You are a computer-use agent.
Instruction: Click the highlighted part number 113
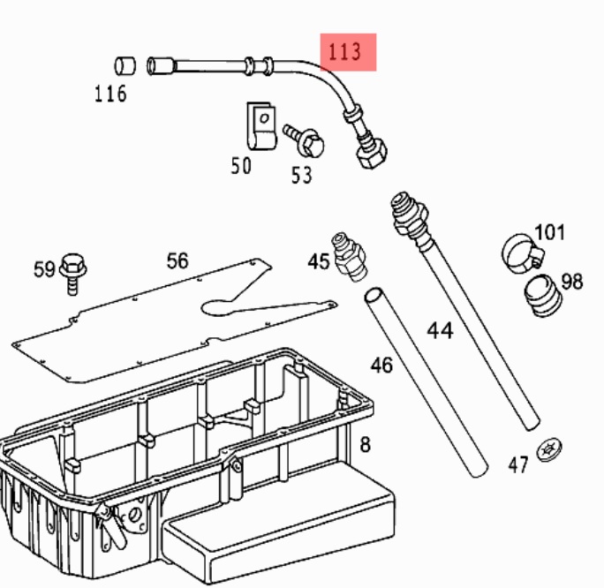click(x=345, y=52)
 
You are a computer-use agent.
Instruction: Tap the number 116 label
click(x=110, y=94)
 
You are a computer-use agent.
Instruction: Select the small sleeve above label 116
click(x=126, y=64)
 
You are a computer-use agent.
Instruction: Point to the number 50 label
click(x=241, y=165)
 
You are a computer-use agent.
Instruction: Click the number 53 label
click(x=302, y=175)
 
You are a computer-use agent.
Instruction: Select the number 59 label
click(x=45, y=269)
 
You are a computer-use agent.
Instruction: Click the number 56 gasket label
click(x=177, y=260)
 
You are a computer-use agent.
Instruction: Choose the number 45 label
click(x=319, y=261)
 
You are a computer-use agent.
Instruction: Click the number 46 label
click(x=381, y=363)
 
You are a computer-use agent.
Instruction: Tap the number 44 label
click(x=440, y=330)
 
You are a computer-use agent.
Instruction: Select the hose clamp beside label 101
click(x=522, y=253)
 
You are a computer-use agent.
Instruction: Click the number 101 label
click(x=550, y=233)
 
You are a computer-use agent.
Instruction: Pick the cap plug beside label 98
click(x=540, y=296)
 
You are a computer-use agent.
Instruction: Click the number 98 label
click(x=572, y=282)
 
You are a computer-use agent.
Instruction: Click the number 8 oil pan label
click(x=365, y=444)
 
